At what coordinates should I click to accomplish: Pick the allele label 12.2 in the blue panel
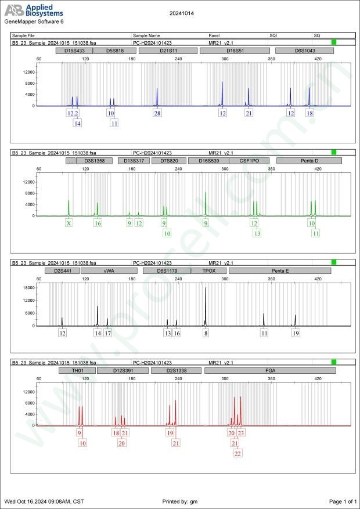pos(73,113)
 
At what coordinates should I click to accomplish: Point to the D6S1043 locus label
pos(304,51)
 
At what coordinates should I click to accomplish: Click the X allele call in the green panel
pos(69,223)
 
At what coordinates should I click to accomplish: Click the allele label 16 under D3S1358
pos(98,223)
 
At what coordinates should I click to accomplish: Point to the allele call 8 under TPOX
pos(206,333)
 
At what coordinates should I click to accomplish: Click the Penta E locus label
pos(280,270)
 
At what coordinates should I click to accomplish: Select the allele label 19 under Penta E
pos(296,333)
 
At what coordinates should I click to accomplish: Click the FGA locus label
pos(271,370)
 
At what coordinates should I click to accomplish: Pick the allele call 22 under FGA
pos(238,453)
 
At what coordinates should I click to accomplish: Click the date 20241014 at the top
pos(180,12)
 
